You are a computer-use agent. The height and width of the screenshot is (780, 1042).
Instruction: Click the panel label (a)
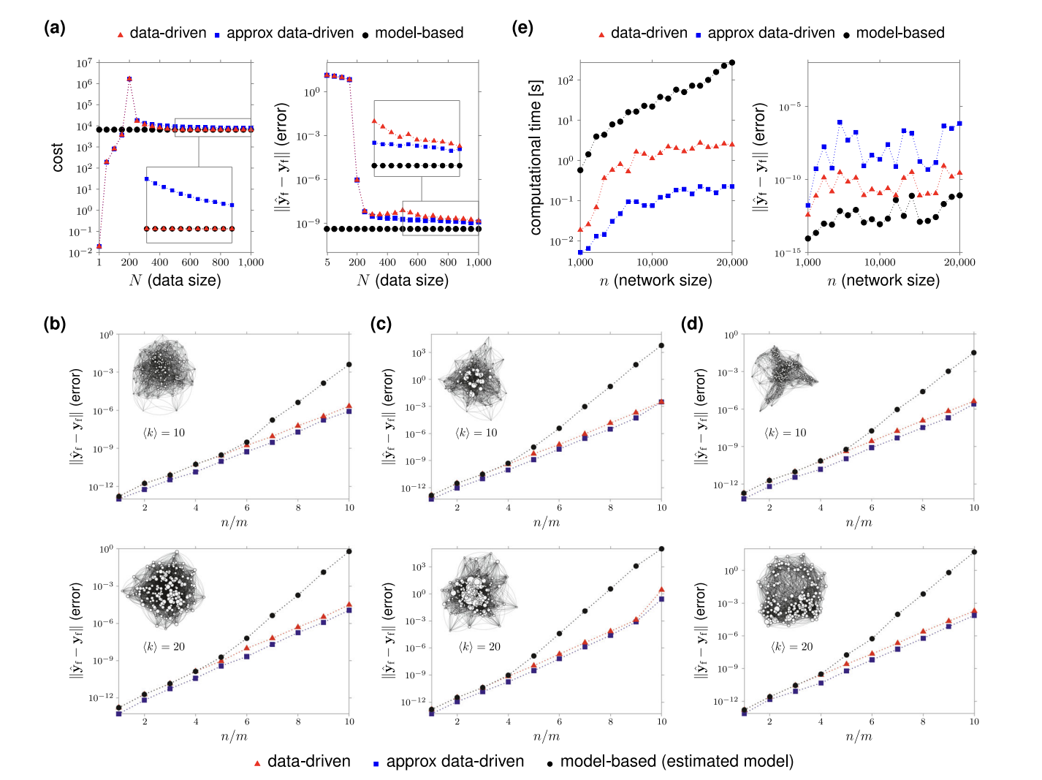pos(55,29)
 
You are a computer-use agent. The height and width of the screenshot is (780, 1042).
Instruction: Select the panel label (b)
pos(55,324)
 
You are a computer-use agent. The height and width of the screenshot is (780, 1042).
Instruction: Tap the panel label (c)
pos(381,324)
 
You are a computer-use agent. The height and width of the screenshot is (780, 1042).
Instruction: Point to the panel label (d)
pos(692,324)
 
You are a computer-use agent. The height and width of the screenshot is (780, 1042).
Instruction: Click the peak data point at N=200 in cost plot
pos(129,79)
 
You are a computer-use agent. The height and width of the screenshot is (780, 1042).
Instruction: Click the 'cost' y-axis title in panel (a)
pos(58,157)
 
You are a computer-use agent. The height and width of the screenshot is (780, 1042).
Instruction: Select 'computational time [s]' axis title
pos(536,157)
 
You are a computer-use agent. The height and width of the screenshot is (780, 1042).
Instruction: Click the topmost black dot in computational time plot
pos(732,63)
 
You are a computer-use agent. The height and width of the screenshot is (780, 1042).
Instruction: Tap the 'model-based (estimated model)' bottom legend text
pos(677,761)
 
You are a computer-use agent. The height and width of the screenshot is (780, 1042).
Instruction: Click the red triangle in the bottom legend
pos(256,762)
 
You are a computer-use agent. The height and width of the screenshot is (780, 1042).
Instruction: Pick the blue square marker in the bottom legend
pos(376,763)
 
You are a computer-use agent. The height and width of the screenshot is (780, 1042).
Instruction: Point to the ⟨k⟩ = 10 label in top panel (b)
pos(164,433)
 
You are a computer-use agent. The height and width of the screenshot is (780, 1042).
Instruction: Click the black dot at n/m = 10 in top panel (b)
pos(349,364)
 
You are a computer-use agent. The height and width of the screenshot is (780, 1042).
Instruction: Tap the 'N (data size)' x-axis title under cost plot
pos(175,280)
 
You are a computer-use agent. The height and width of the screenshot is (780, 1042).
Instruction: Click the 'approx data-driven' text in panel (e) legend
pos(771,33)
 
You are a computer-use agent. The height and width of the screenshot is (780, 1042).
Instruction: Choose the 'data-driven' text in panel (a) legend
pos(168,33)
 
